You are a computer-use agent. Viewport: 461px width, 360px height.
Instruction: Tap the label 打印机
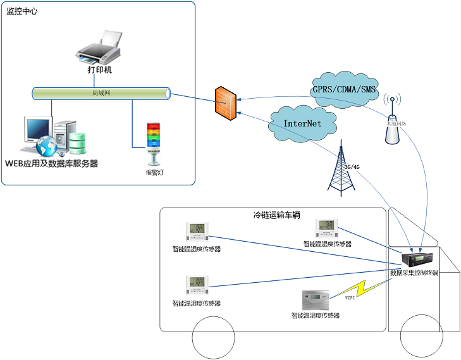(x=99, y=70)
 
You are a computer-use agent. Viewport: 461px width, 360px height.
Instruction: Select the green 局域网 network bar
(x=101, y=94)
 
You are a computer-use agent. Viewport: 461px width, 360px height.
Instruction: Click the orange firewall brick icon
(x=226, y=99)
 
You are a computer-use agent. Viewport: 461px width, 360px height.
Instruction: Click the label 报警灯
(x=154, y=172)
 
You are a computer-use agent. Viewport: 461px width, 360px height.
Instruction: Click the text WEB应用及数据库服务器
(x=52, y=164)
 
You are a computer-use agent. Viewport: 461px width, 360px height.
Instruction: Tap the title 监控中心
(x=22, y=12)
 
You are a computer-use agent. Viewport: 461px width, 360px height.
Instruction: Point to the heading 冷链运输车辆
(x=272, y=215)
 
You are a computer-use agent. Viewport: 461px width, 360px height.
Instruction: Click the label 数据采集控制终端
(x=414, y=273)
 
